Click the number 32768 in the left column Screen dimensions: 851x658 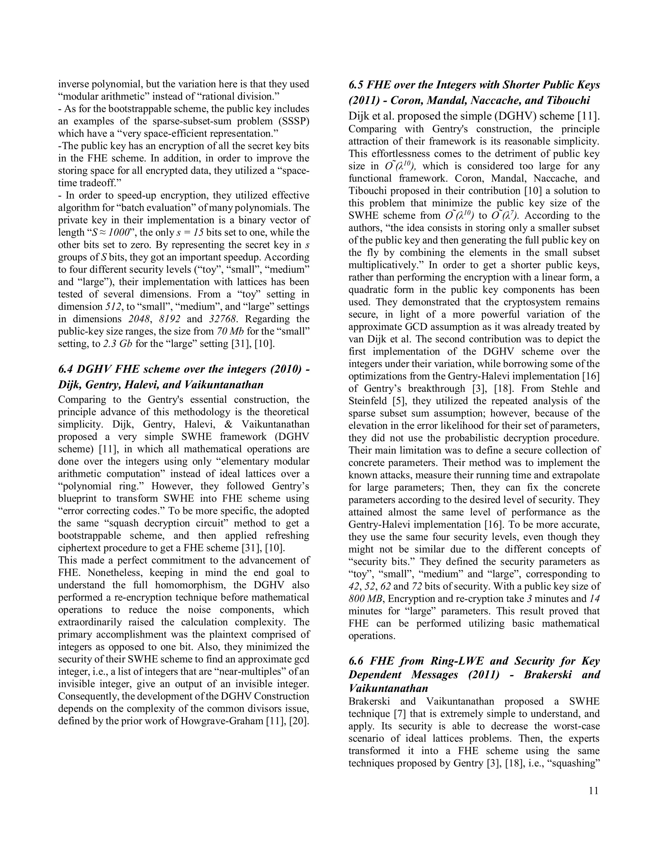(223, 319)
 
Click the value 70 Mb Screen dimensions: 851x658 (230, 332)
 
